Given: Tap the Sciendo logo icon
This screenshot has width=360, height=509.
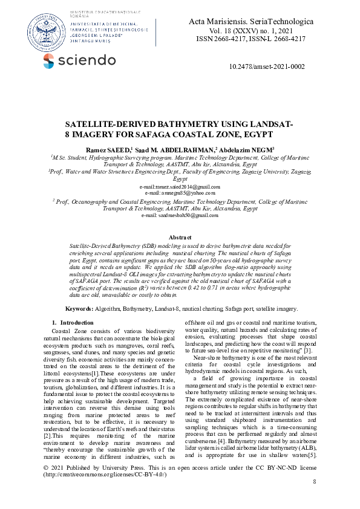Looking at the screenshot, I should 49,60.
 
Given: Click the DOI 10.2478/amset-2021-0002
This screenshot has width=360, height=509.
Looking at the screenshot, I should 267,67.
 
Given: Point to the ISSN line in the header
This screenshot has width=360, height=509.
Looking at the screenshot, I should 250,38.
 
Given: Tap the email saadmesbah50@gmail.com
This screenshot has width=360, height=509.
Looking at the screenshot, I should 180,215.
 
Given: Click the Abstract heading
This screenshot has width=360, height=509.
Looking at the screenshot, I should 180,238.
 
